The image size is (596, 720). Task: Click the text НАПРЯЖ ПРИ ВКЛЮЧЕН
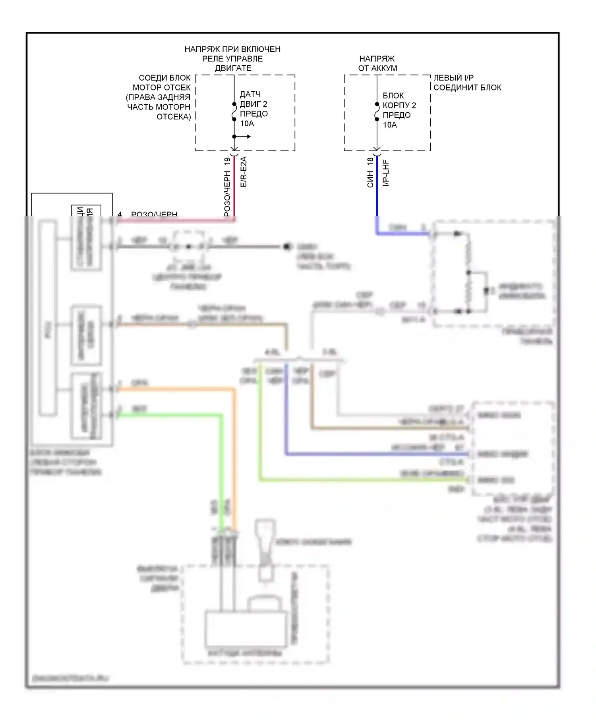[232, 49]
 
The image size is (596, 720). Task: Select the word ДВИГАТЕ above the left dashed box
[233, 68]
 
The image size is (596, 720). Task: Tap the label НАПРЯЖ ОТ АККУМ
[377, 64]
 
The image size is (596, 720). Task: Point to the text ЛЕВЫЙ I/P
[453, 78]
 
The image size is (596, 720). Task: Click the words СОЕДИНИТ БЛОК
[467, 87]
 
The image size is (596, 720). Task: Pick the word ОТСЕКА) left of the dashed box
[174, 117]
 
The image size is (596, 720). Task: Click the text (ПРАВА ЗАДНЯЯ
[158, 97]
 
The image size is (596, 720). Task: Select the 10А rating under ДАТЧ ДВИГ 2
[247, 123]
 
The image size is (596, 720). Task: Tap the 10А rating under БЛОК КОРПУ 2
[390, 125]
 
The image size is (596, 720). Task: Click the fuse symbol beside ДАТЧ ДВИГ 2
[234, 112]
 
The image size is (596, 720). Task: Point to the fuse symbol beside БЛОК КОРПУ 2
[377, 112]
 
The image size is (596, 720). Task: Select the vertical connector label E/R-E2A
[244, 172]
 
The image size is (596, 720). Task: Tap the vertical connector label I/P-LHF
[386, 173]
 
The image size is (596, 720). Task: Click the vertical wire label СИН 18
[370, 173]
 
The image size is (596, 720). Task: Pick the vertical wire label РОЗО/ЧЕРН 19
[227, 187]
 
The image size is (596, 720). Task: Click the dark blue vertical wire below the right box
[377, 187]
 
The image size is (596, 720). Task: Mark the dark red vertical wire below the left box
[234, 187]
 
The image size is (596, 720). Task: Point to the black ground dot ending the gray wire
[286, 246]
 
